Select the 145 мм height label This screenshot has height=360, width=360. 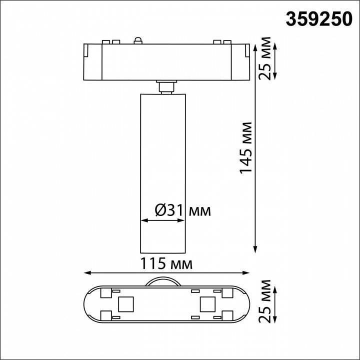click(x=245, y=147)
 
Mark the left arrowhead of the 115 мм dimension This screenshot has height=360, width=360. click(x=86, y=273)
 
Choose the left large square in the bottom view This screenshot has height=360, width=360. click(x=125, y=303)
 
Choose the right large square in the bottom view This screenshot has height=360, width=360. click(x=206, y=303)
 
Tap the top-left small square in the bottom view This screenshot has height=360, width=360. click(x=105, y=291)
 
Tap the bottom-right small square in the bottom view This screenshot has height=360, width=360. click(x=225, y=315)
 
